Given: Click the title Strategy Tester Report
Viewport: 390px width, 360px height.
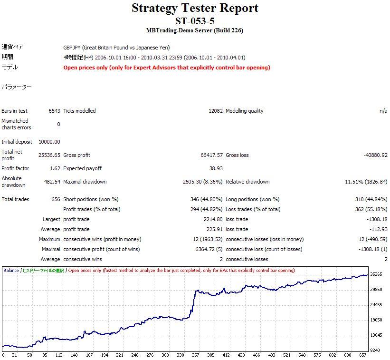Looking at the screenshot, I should point(195,8).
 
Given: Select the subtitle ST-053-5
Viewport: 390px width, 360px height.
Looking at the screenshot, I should point(195,21).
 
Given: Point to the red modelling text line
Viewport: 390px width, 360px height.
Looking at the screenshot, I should point(167,68).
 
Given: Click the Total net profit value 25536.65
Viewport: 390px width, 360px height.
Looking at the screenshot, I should point(49,155).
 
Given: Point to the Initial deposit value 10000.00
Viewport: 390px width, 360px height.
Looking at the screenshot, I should point(49,142).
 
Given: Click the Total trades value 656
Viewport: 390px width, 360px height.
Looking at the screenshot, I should point(56,199).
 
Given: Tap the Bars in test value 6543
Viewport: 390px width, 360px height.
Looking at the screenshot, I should point(54,111).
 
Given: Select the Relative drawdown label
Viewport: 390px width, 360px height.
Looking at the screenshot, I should point(247,182).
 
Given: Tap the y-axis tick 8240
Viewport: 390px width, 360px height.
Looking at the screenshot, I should point(376,350).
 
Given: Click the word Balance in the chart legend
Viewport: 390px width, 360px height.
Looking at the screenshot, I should point(11,271).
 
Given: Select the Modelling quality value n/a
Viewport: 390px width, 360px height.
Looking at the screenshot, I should point(383,111).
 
